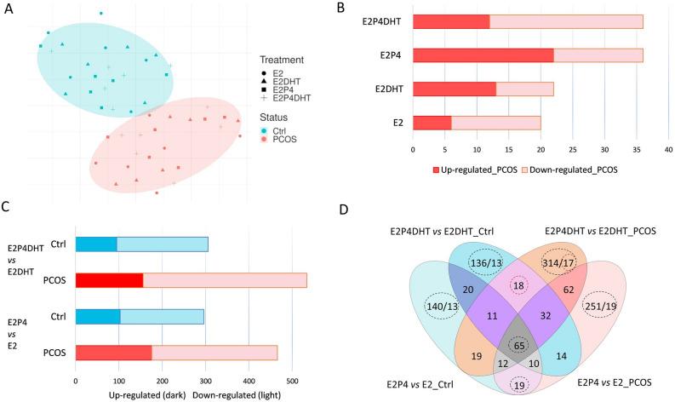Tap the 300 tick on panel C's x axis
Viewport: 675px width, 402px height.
pos(249,380)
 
